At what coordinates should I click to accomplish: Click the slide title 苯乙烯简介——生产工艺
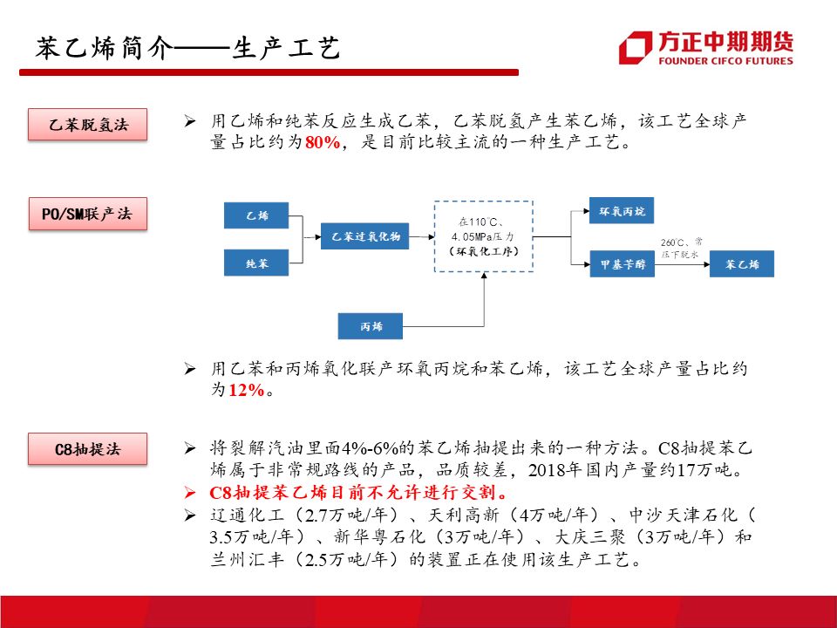coord(187,49)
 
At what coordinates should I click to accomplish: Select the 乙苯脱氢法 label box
coord(87,125)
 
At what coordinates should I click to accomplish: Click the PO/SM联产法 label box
coord(87,214)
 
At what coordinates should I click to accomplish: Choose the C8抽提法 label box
coord(87,450)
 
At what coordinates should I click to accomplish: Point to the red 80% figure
coord(323,143)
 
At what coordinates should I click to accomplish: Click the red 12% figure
coord(246,392)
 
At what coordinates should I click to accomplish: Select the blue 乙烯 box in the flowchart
coord(256,215)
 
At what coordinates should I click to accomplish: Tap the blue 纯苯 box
coord(256,263)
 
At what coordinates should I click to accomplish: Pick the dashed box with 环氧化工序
coord(484,235)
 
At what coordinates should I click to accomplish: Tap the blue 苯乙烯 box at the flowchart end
coord(741,264)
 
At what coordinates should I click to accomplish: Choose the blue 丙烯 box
coord(371,326)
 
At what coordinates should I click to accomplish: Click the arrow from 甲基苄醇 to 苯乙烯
coord(680,264)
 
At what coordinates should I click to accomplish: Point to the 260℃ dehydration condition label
coord(681,247)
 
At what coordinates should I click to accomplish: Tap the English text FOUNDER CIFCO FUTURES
coord(725,61)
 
